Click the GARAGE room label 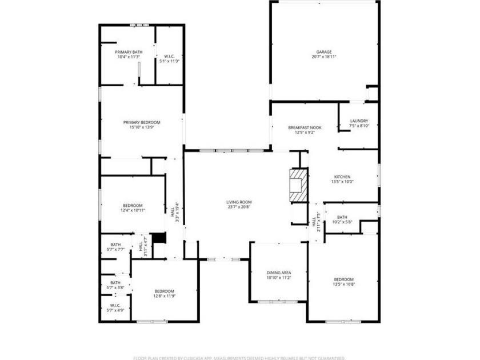click(x=324, y=51)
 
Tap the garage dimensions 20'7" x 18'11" click(x=324, y=57)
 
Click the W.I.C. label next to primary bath click(x=169, y=56)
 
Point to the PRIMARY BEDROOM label click(x=142, y=122)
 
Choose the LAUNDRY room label click(x=359, y=121)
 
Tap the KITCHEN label click(x=342, y=177)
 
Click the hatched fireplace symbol click(x=298, y=185)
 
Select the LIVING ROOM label click(x=239, y=202)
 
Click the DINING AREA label click(x=279, y=273)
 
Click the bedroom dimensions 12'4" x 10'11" click(x=133, y=210)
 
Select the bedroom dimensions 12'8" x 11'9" click(x=164, y=296)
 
